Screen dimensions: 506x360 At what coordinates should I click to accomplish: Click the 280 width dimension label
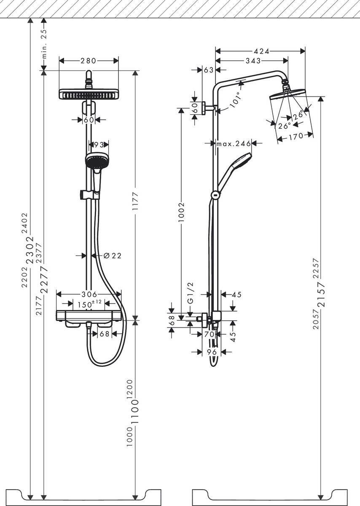[x=89, y=61]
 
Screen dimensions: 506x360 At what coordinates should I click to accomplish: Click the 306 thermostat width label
[x=89, y=294]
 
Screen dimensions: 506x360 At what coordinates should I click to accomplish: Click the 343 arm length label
[x=253, y=61]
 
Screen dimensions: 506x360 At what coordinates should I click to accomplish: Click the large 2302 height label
[x=30, y=250]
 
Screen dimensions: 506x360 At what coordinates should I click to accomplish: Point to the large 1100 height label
[x=135, y=412]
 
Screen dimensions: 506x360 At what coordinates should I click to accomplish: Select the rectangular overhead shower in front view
[x=89, y=94]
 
